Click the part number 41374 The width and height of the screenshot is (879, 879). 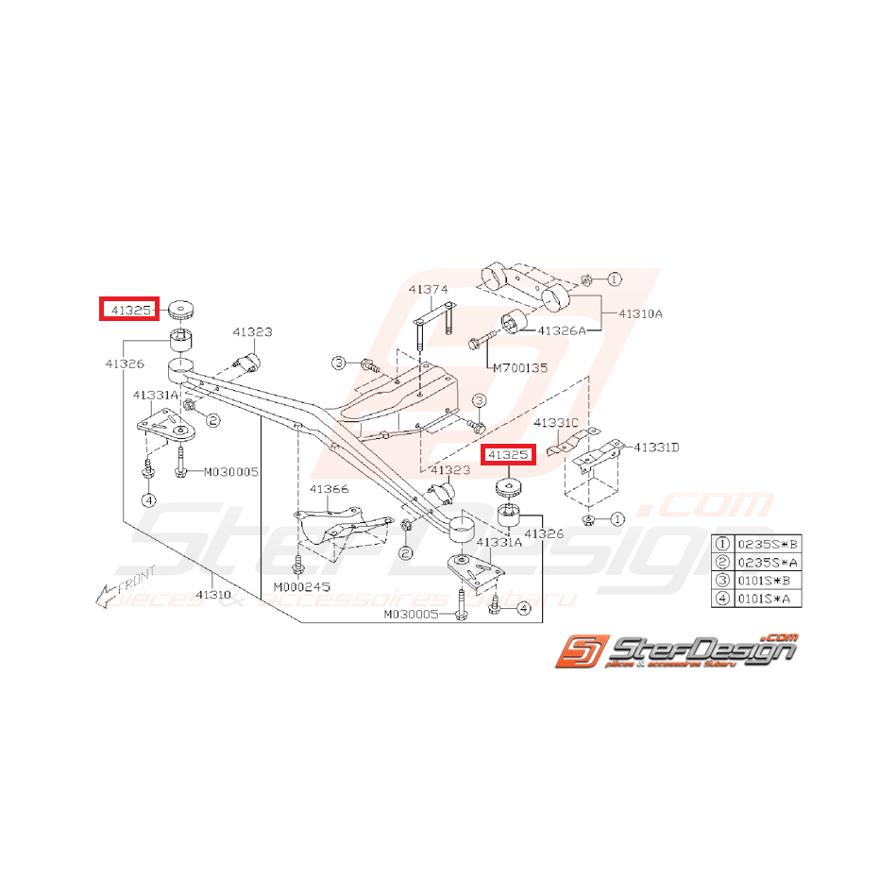tap(428, 289)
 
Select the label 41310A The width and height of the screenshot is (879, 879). tap(641, 313)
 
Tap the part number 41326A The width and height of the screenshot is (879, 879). tap(562, 330)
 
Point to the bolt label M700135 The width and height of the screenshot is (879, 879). tap(519, 368)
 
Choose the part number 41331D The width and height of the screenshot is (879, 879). tap(656, 447)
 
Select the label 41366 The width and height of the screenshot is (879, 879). tap(330, 489)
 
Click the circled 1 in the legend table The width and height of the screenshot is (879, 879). tap(723, 543)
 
